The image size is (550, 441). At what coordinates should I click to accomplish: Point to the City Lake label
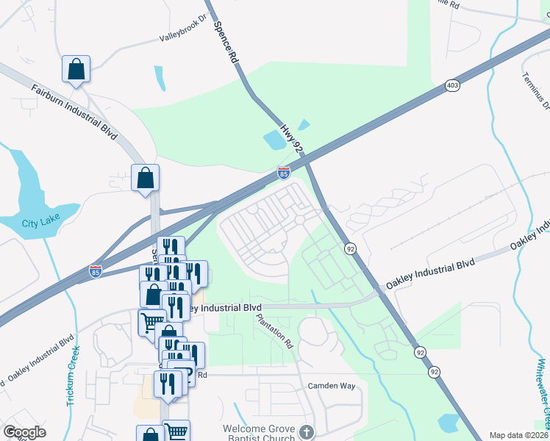(39, 223)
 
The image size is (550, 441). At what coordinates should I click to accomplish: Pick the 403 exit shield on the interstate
(452, 86)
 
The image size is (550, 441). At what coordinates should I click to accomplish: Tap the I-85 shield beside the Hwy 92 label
(284, 173)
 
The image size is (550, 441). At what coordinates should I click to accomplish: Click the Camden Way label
(331, 385)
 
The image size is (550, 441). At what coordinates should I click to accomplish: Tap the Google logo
(24, 432)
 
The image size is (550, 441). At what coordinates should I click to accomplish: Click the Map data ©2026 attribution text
(518, 435)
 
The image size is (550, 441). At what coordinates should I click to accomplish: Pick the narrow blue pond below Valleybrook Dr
(160, 79)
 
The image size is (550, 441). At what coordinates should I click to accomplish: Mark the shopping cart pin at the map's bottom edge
(176, 431)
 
